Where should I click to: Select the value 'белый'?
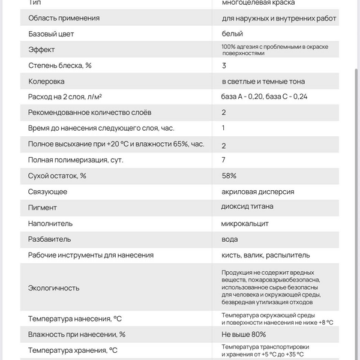point(232,34)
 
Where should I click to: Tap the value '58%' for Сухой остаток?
point(229,176)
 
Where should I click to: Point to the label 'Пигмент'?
point(43,208)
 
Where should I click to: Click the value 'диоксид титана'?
point(247,207)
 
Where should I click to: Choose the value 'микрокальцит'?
point(245,223)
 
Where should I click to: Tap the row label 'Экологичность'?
point(54,287)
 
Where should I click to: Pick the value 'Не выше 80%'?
point(244,334)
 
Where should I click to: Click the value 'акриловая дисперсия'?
point(257,191)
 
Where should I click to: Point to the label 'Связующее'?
point(47,191)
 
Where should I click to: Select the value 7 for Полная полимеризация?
point(224,160)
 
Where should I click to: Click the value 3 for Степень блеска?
point(224,65)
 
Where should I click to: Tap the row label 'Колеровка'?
point(46,81)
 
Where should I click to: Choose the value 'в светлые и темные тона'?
point(263,81)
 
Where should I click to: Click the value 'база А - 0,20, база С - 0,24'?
point(265,97)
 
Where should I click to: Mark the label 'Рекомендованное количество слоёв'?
point(90,112)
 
